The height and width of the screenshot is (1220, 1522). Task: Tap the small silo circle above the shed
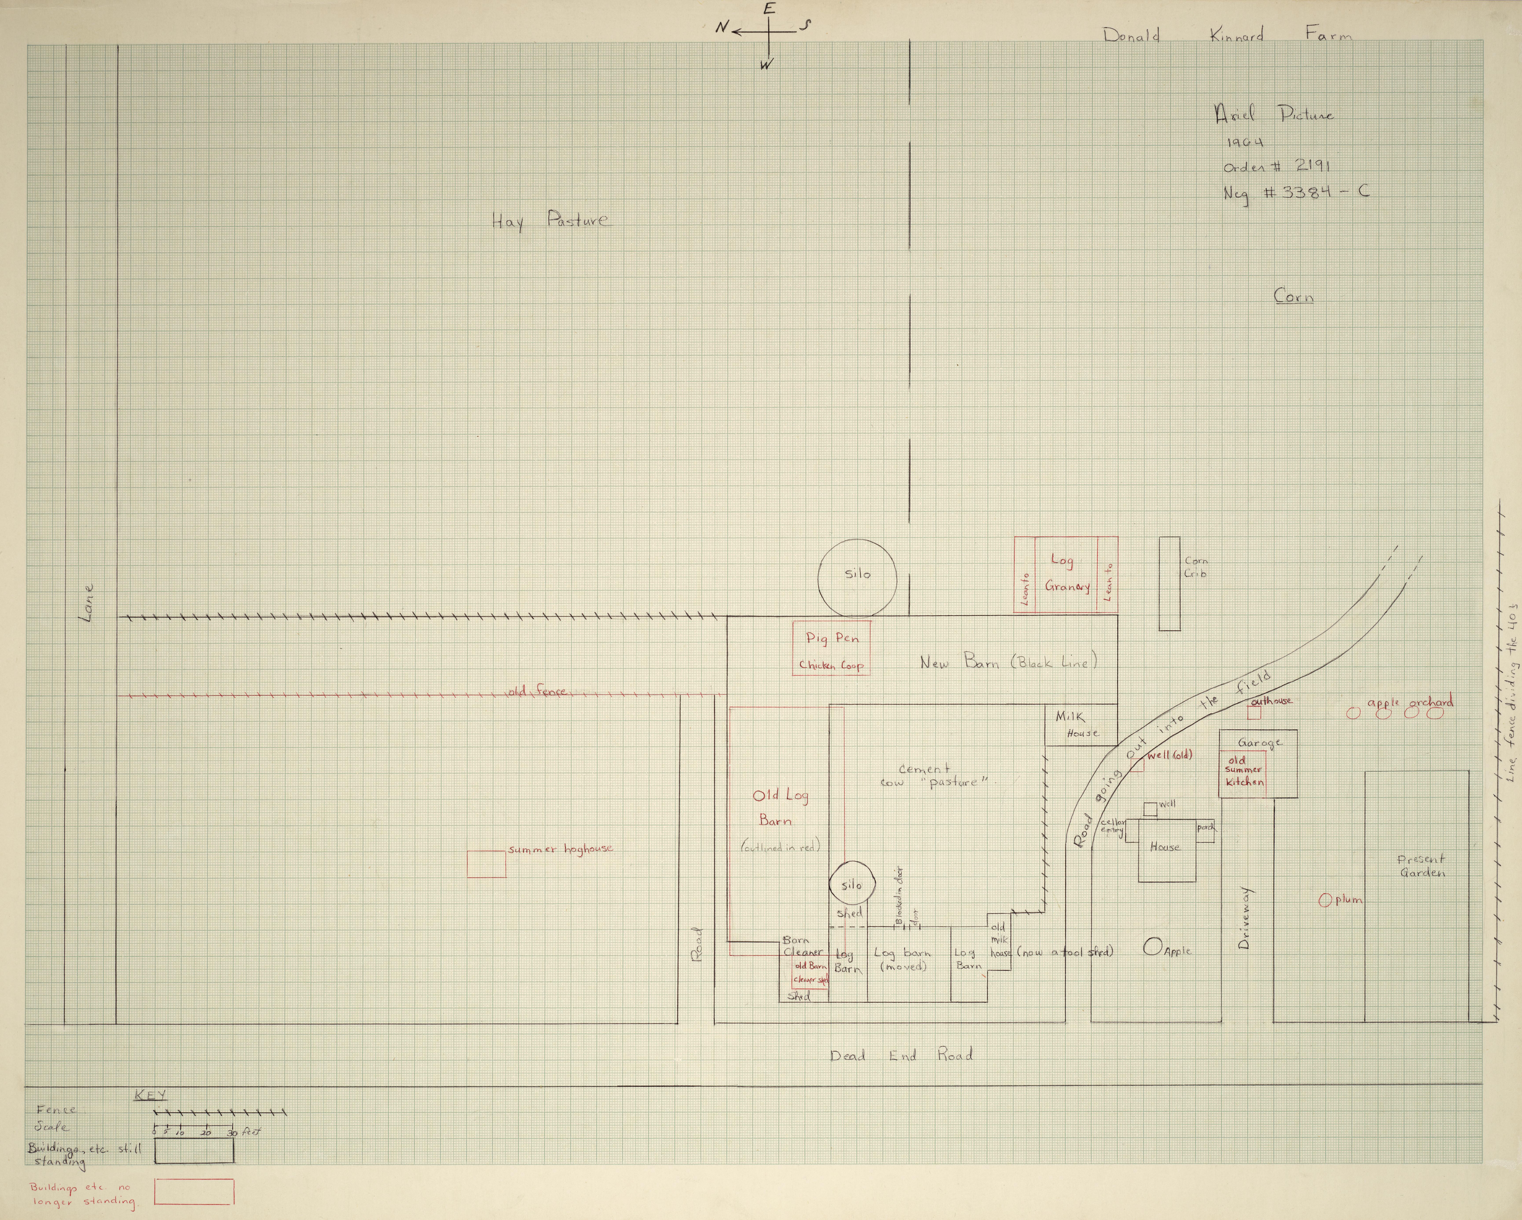(851, 885)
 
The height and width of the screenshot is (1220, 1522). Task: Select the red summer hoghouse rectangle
(486, 864)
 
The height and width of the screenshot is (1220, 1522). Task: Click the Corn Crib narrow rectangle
(1169, 583)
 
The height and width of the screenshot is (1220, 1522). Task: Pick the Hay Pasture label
(549, 221)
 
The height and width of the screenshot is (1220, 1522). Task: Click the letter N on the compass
(721, 28)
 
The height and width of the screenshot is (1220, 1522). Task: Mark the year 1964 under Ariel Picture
(1245, 143)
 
